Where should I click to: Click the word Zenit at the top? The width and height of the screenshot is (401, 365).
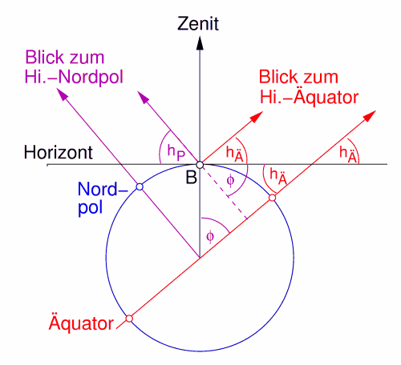(x=198, y=24)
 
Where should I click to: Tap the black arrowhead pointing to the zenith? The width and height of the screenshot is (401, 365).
(x=200, y=43)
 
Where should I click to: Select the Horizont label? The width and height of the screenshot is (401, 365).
(x=59, y=152)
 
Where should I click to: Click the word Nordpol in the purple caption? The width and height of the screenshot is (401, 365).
(x=91, y=78)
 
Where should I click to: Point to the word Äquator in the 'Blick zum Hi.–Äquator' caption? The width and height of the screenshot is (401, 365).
(x=326, y=97)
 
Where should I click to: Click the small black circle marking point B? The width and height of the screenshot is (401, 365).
(x=200, y=165)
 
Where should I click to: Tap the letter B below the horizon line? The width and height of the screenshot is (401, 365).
(x=192, y=178)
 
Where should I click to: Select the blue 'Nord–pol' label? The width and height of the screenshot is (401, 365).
(x=103, y=198)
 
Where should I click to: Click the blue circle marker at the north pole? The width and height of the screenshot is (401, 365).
(x=140, y=187)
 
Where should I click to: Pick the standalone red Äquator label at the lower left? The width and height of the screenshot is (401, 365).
(x=81, y=323)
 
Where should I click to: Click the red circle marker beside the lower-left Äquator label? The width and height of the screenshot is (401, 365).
(x=129, y=319)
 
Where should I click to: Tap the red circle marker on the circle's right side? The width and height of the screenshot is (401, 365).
(x=272, y=198)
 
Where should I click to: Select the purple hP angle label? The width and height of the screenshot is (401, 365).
(x=176, y=152)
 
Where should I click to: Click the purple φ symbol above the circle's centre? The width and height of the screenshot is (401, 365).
(x=210, y=236)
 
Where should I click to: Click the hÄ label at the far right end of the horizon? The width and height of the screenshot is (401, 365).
(x=348, y=154)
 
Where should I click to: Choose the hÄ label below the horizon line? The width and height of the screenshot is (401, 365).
(x=278, y=177)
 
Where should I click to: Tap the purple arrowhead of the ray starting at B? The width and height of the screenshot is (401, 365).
(x=144, y=97)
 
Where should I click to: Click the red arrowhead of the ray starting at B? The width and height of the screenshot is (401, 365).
(x=257, y=117)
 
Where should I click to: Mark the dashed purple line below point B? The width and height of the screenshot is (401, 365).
(x=224, y=192)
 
